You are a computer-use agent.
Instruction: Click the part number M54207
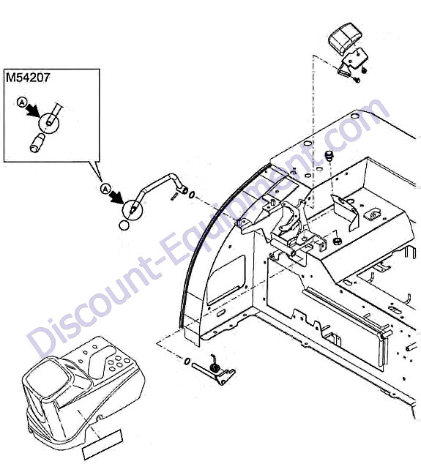click(x=28, y=78)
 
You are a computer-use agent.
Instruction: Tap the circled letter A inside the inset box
click(x=21, y=102)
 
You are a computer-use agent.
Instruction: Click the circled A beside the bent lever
click(x=105, y=188)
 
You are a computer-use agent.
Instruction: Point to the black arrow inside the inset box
click(x=33, y=111)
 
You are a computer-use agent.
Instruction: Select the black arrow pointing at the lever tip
click(x=118, y=198)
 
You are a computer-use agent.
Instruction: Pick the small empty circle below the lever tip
click(x=124, y=225)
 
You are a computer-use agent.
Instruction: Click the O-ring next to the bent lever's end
click(x=192, y=195)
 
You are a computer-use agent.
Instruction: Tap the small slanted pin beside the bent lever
click(x=174, y=196)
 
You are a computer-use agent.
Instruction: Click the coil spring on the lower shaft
click(x=214, y=367)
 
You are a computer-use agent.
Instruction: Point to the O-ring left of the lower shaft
click(x=187, y=362)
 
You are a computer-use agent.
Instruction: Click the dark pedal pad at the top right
click(x=343, y=38)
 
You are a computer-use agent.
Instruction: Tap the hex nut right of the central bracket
click(x=336, y=241)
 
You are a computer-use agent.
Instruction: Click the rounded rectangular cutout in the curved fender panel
click(x=226, y=280)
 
